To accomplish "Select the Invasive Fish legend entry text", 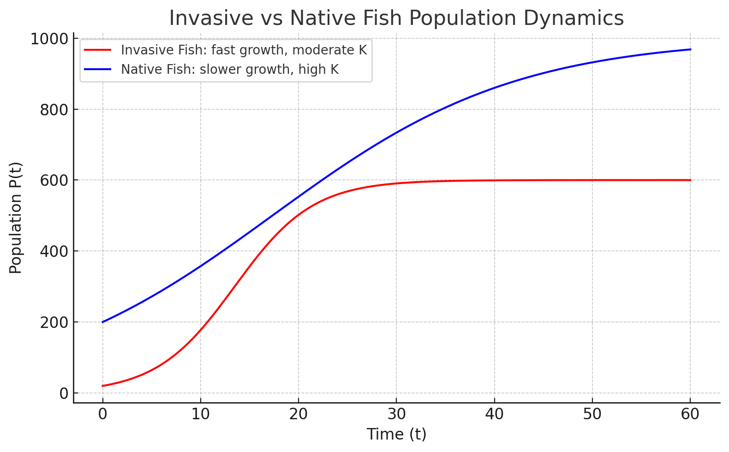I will coord(244,50).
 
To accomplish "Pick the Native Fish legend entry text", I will coord(229,69).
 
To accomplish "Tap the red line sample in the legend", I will coord(98,50).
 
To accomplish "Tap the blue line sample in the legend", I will coord(98,69).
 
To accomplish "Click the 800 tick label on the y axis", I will coord(54,110).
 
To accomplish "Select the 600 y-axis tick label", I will coord(54,180).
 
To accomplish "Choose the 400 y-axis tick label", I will coord(54,251).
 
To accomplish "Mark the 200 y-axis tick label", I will coord(54,322).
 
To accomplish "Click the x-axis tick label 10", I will coord(200,414).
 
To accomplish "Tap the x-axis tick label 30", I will coord(396,414).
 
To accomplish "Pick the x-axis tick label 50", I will coord(592,414).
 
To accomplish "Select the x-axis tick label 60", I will coord(690,414).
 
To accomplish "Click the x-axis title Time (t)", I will coord(396,434).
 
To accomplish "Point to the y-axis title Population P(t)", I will coord(16,218).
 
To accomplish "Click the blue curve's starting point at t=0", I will coord(102,322).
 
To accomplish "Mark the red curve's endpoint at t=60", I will coord(690,180).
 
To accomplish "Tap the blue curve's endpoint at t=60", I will coord(690,49).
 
